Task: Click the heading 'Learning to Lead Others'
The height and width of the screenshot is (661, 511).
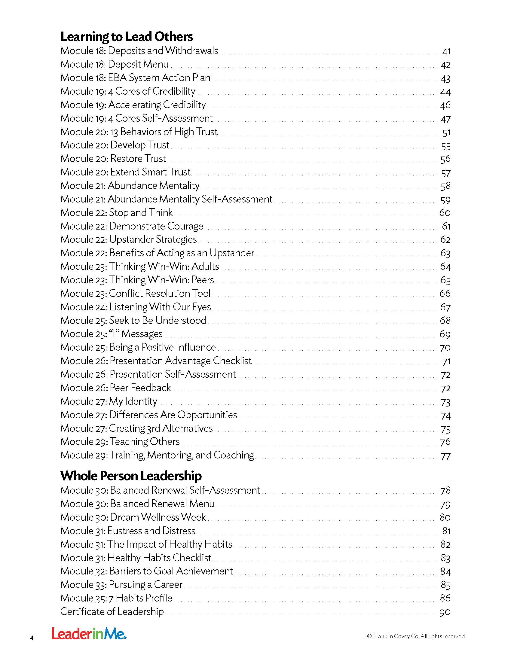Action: (127, 37)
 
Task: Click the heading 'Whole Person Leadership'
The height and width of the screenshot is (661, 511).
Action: (131, 476)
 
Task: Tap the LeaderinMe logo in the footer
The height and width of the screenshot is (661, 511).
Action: (89, 634)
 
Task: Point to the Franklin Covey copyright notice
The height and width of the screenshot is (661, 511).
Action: (416, 636)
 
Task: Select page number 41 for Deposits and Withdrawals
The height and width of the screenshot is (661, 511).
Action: (446, 51)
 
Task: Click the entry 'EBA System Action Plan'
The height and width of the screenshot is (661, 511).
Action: (135, 78)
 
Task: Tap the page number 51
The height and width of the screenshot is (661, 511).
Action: (446, 133)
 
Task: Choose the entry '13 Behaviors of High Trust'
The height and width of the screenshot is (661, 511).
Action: (139, 132)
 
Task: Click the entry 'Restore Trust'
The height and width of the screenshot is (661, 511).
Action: (113, 159)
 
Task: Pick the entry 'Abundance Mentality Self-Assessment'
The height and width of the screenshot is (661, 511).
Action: (166, 199)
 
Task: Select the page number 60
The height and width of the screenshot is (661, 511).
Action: (445, 213)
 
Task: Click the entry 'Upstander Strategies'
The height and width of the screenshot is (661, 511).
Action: (129, 239)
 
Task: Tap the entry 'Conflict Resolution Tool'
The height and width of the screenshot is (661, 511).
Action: (135, 293)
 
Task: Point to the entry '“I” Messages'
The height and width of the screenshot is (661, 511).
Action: (112, 334)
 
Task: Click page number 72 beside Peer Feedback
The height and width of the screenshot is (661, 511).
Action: (445, 388)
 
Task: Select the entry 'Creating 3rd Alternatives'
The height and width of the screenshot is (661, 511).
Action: (136, 428)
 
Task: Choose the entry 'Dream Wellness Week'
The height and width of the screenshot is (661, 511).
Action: (133, 517)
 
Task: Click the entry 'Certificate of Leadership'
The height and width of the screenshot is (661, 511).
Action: (112, 612)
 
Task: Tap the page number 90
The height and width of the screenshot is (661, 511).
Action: (445, 612)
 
